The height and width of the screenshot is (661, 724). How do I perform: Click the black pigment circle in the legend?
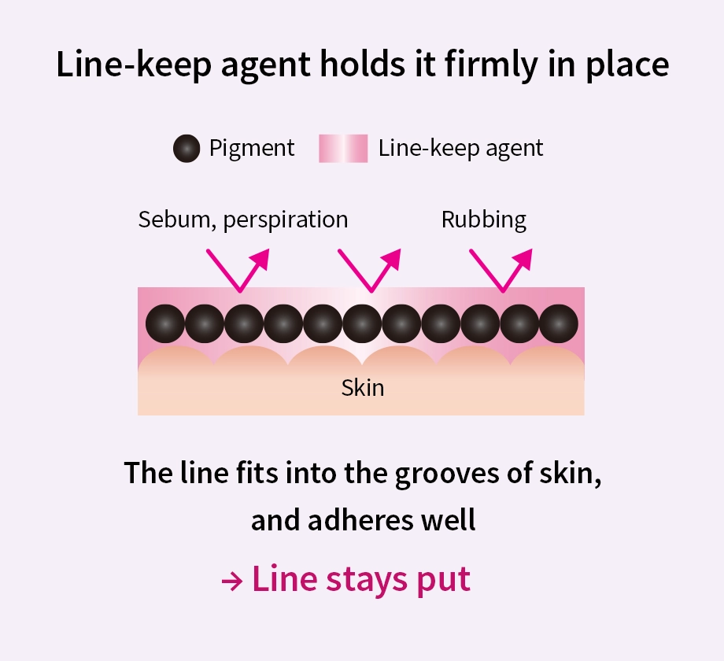187,148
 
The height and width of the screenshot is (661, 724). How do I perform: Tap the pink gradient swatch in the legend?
343,148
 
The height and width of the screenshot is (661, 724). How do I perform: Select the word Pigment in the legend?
252,148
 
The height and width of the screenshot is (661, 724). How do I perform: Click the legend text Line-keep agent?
460,148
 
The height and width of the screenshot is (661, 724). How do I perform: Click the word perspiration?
285,220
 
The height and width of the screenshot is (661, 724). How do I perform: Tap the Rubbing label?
484,220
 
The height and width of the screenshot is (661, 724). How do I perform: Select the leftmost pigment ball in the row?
165,323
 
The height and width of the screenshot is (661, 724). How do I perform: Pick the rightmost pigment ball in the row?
559,323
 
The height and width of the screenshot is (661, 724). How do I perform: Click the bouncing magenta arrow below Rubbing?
501,269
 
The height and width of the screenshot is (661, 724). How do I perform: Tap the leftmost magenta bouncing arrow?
238,269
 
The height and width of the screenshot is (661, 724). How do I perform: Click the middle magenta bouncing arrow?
370,269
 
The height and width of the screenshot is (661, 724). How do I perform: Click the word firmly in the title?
497,65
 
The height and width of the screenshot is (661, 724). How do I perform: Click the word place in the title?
628,65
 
